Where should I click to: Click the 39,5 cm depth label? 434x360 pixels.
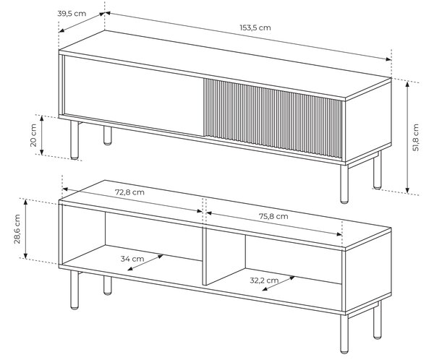[72, 13]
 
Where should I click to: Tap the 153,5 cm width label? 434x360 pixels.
[255, 27]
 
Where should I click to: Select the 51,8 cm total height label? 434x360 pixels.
[416, 137]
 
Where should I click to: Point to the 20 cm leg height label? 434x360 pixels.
[33, 135]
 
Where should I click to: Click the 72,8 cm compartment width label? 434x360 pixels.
[129, 192]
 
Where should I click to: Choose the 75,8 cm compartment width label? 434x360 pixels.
[273, 216]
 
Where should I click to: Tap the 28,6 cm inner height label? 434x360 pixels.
[17, 229]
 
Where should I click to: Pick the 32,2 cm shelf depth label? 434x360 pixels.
[264, 280]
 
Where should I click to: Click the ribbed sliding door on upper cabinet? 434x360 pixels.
[273, 118]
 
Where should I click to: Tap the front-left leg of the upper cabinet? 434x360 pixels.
[75, 140]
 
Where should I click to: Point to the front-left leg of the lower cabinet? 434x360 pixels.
[75, 290]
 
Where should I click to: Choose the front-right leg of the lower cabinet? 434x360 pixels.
[344, 334]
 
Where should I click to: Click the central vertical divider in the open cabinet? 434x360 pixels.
[224, 257]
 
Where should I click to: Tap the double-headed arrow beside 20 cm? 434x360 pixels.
[42, 135]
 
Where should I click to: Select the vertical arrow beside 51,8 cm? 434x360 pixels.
[407, 137]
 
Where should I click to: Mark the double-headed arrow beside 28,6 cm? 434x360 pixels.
[25, 229]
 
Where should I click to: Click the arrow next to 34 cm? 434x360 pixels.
[145, 262]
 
